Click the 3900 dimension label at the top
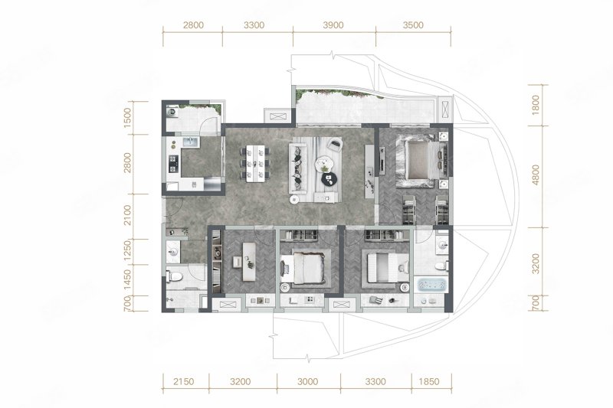coord(333,25)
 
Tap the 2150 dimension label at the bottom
coord(183,381)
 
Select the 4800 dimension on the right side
coord(536,175)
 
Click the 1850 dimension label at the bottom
coord(429,381)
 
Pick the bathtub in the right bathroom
coord(432,284)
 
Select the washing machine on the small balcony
coord(172,113)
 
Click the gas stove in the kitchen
coord(172,164)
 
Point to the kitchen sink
coord(191,142)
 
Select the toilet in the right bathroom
coord(441,266)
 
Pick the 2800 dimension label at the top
coord(193,25)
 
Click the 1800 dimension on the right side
coord(536,105)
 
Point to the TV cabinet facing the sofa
coord(369,171)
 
